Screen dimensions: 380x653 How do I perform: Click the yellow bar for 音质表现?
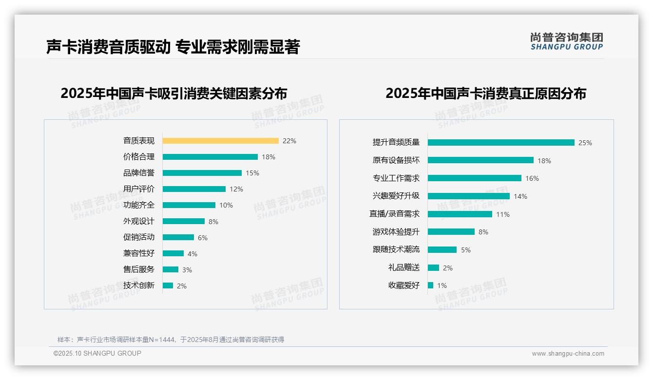click(x=220, y=141)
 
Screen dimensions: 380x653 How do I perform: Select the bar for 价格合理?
click(x=210, y=157)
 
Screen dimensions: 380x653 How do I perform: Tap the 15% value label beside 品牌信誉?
click(x=252, y=173)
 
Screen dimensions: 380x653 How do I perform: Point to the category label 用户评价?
click(x=138, y=189)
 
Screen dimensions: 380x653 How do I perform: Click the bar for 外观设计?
click(x=184, y=221)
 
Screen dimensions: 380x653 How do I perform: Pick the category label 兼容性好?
click(x=138, y=253)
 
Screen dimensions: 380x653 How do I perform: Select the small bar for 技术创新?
click(x=168, y=285)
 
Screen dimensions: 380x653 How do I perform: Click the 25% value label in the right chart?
click(x=585, y=143)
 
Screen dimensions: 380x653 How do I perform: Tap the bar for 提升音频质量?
click(x=501, y=143)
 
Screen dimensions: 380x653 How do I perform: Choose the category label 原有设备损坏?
click(x=396, y=160)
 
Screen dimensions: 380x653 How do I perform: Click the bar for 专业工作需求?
click(x=475, y=178)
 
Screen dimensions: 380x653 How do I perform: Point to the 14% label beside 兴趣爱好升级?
click(x=520, y=196)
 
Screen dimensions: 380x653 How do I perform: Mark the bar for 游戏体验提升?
click(x=451, y=232)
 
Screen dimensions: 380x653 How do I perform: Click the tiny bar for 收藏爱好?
click(x=430, y=285)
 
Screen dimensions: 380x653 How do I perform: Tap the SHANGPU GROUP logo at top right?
click(x=566, y=41)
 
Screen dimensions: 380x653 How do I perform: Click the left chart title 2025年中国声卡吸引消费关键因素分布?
click(x=173, y=93)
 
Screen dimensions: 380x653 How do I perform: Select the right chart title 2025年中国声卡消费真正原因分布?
click(x=485, y=93)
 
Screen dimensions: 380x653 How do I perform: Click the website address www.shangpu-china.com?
click(x=568, y=354)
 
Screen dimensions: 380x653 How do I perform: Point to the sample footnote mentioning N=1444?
click(x=171, y=340)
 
